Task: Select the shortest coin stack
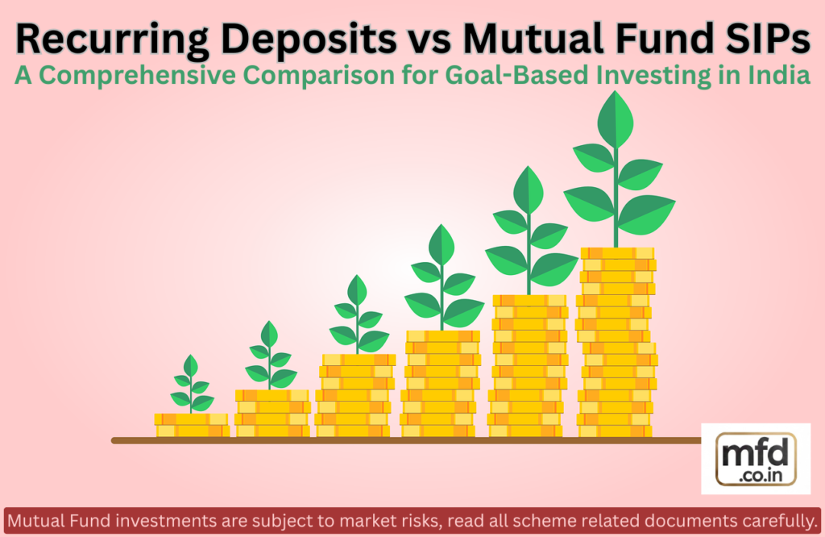point(192,425)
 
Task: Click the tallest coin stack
point(617,343)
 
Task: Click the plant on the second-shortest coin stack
point(270,356)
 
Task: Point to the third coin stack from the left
point(355,395)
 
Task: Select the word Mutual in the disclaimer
point(33,517)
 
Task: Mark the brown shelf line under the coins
point(403,441)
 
